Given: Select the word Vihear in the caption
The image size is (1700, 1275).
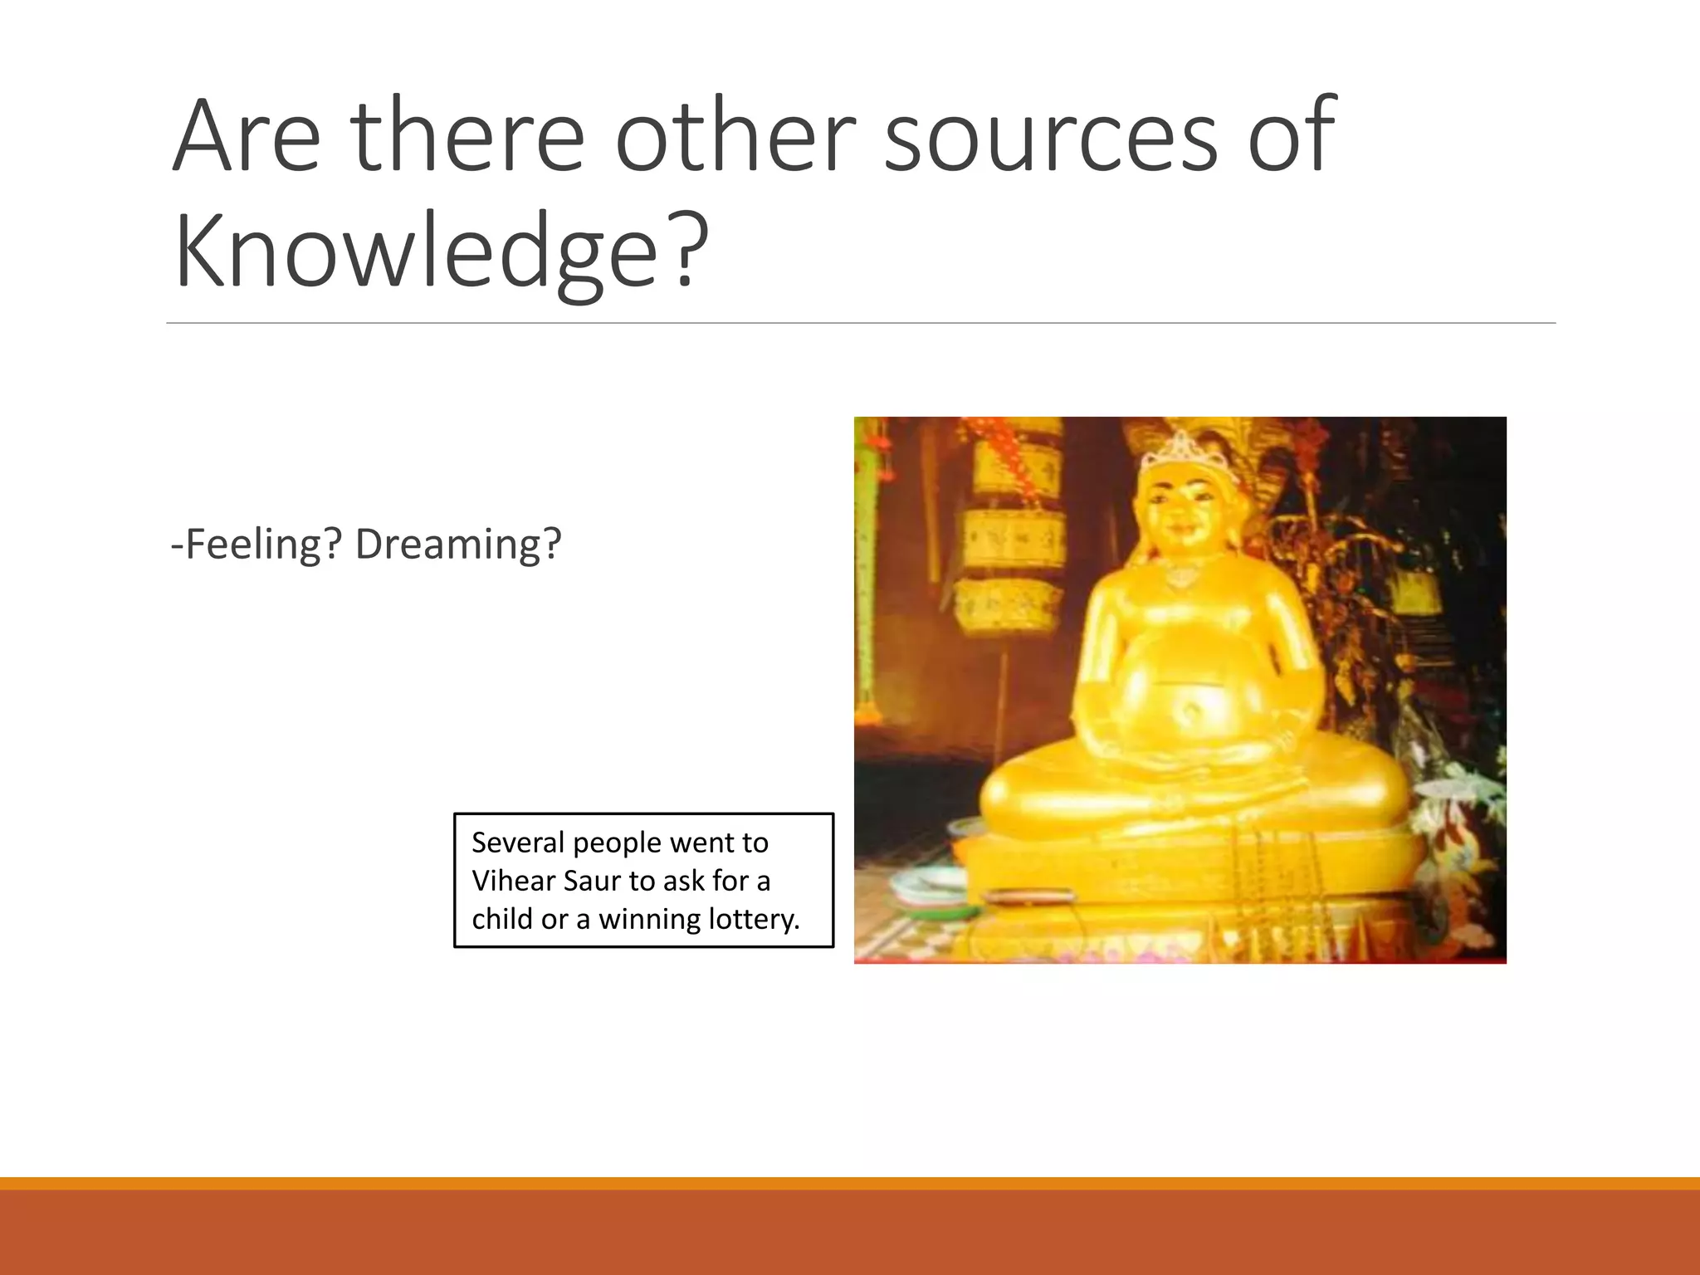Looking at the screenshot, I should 513,881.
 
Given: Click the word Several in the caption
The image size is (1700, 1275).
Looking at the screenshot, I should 518,843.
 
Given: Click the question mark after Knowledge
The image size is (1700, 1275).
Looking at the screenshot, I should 686,250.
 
